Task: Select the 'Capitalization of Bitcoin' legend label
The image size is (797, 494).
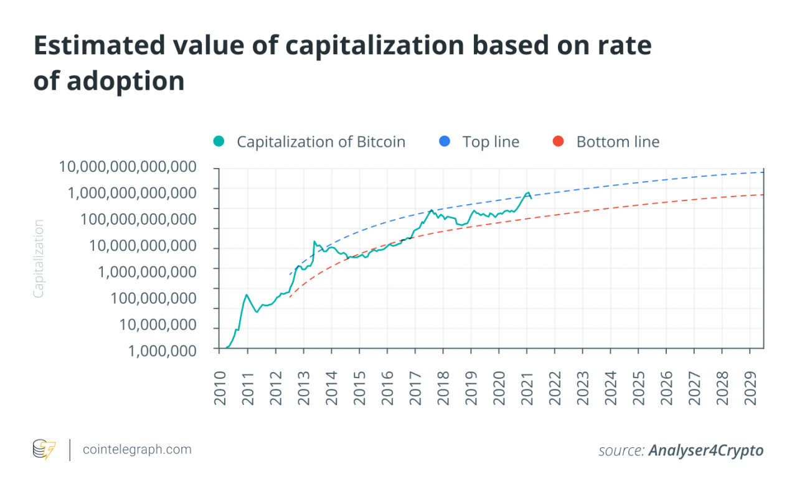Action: (x=321, y=142)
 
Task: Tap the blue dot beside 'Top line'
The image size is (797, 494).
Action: (x=444, y=142)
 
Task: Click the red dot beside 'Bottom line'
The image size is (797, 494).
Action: (x=558, y=142)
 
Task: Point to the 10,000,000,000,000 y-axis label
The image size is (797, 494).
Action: (x=128, y=167)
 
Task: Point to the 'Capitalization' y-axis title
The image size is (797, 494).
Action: (x=39, y=258)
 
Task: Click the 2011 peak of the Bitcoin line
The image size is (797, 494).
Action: (x=247, y=294)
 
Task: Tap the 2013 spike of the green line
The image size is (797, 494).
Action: (x=314, y=241)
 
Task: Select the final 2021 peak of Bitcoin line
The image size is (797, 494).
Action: (x=528, y=193)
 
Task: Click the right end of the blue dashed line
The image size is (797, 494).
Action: (x=763, y=172)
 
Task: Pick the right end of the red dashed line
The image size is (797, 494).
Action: (x=763, y=195)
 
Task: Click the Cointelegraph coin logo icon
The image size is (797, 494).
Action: (x=44, y=450)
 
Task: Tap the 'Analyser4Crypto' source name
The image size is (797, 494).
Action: (x=705, y=450)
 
